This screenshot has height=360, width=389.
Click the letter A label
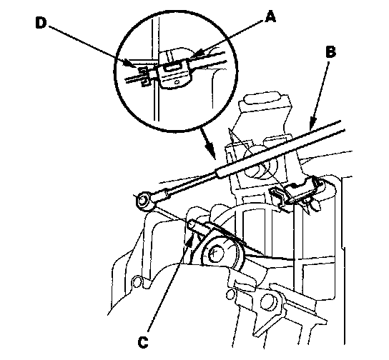(x=270, y=17)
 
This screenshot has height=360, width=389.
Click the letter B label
(x=330, y=53)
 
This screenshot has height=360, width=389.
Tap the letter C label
(x=143, y=343)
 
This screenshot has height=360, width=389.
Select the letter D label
(x=41, y=23)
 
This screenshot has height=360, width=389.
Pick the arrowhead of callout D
(x=132, y=64)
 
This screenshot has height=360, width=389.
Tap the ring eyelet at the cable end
(x=143, y=201)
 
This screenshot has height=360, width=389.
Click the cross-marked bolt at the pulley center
(x=215, y=253)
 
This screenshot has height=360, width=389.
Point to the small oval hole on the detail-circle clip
(x=177, y=82)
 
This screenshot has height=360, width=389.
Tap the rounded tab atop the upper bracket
(x=262, y=99)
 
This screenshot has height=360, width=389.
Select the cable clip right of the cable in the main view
(x=305, y=189)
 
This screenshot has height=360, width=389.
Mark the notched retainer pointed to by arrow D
(x=144, y=76)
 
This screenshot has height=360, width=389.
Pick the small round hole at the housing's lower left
(x=137, y=282)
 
